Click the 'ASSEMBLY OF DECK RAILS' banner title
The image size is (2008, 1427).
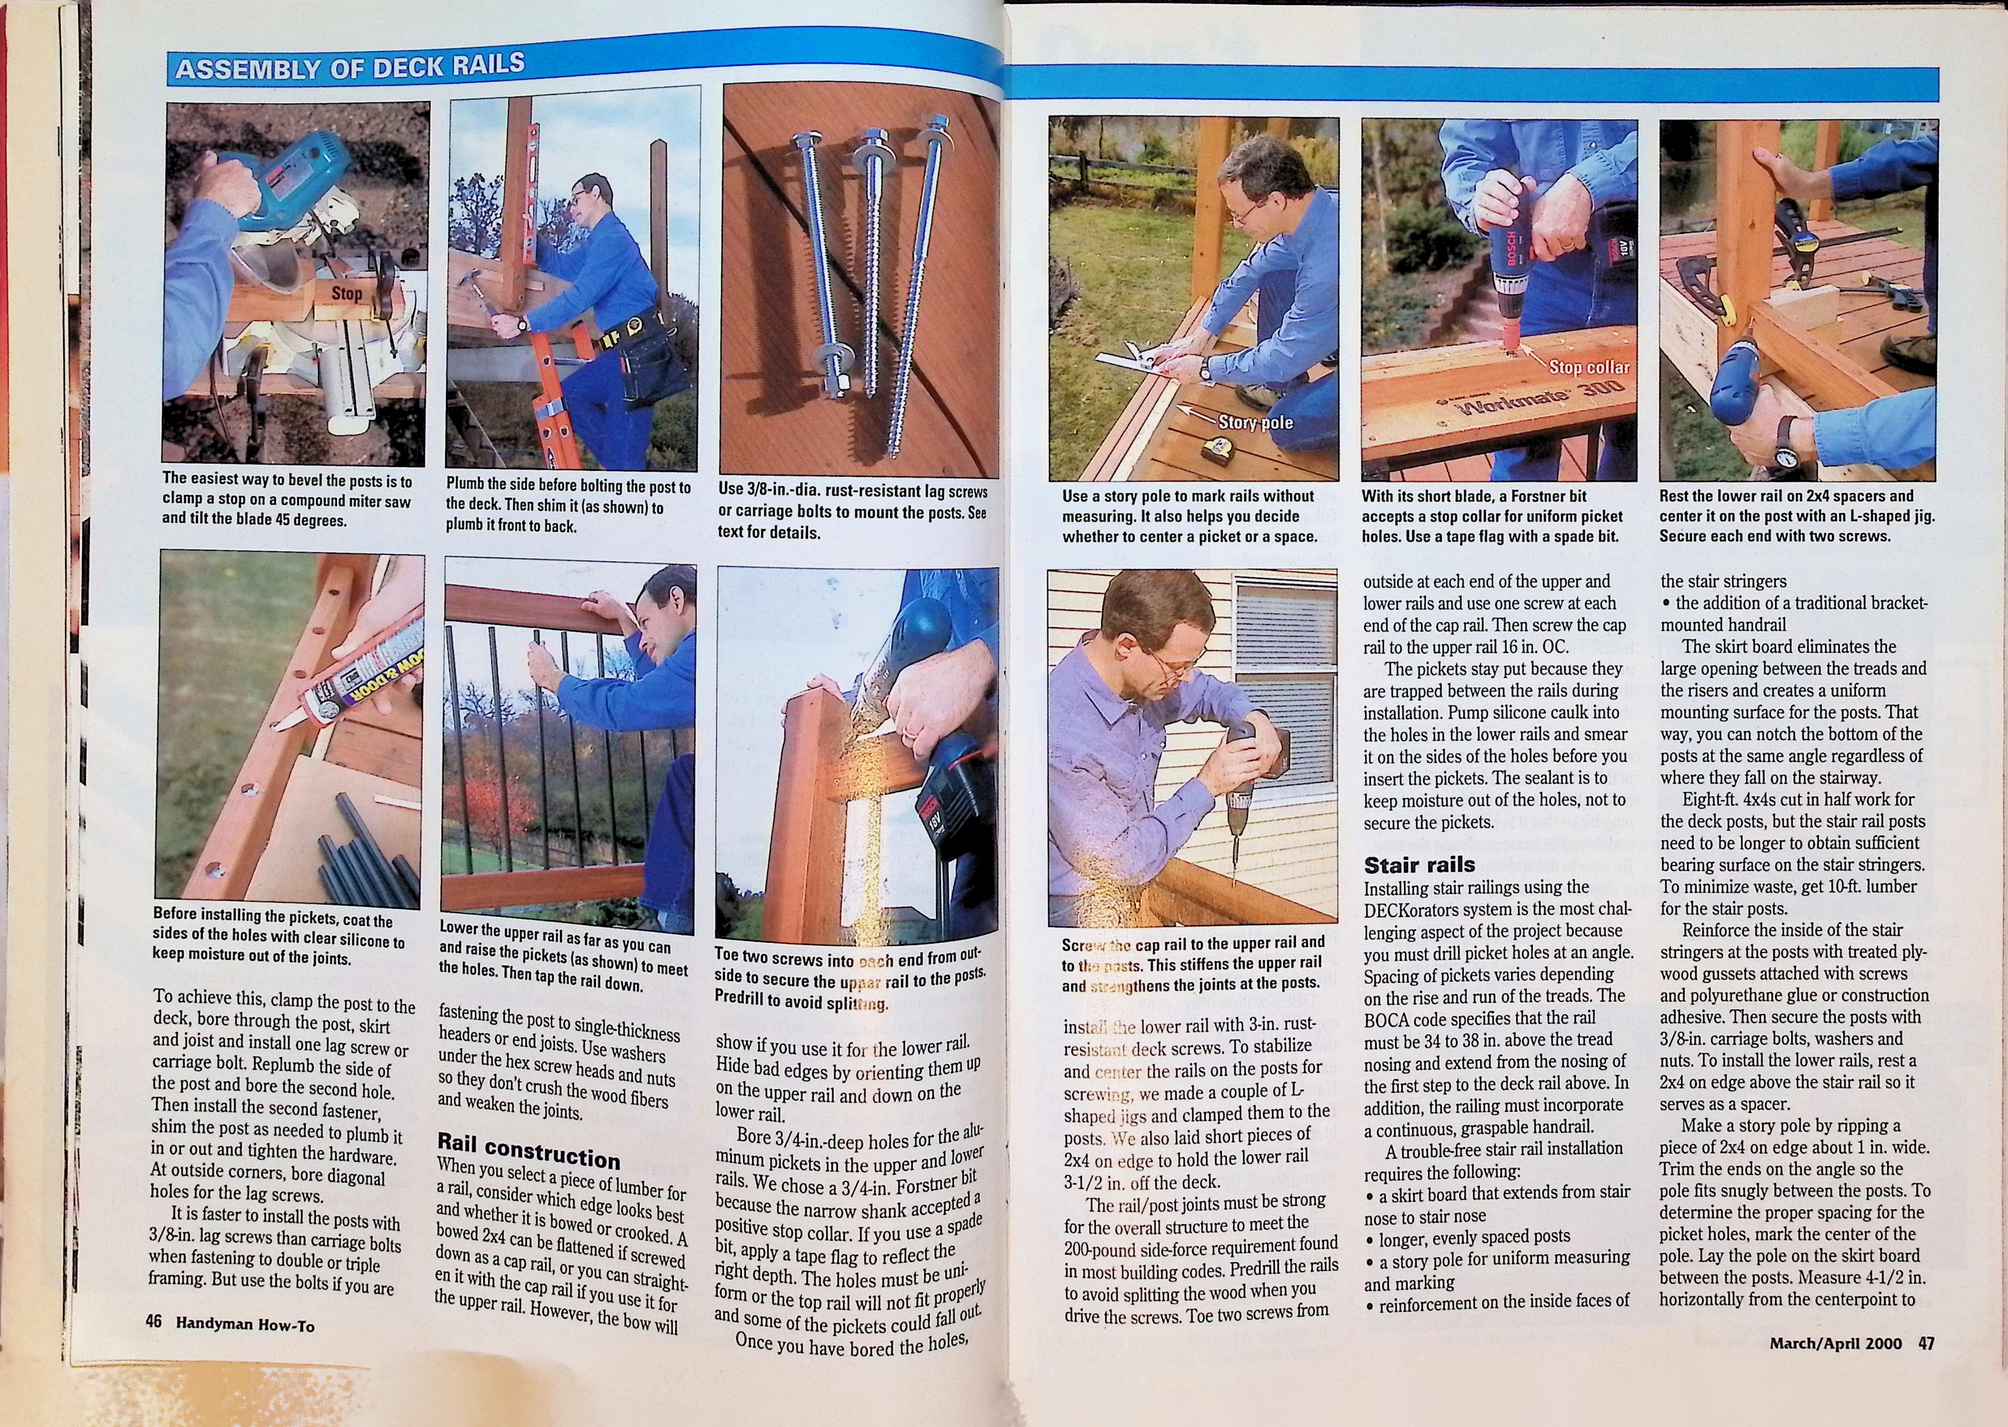350,67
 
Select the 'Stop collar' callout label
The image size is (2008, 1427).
1588,367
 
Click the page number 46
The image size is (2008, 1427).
154,1321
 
